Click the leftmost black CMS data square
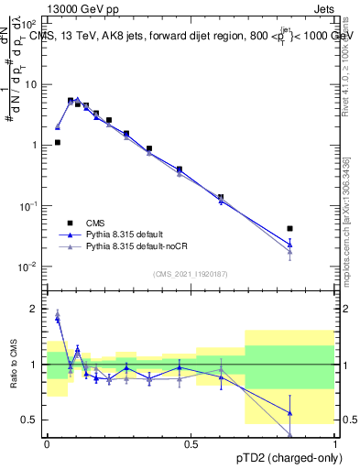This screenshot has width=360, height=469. (58, 142)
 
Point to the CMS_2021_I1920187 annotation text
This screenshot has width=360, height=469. (191, 274)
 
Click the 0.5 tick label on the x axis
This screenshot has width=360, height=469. (191, 443)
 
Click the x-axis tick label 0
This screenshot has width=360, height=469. (48, 443)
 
